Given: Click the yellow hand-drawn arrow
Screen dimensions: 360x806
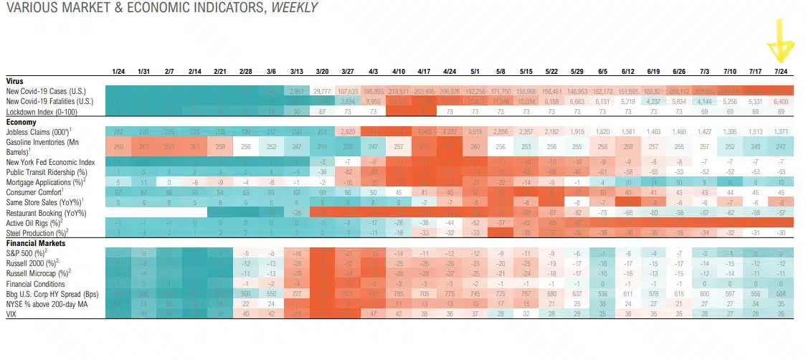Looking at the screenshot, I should [x=780, y=39].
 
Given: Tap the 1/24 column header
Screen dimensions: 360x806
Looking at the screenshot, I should [x=119, y=72].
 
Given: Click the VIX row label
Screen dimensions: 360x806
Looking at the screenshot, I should [x=11, y=313].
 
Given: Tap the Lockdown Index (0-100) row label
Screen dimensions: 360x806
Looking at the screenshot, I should [x=42, y=113].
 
